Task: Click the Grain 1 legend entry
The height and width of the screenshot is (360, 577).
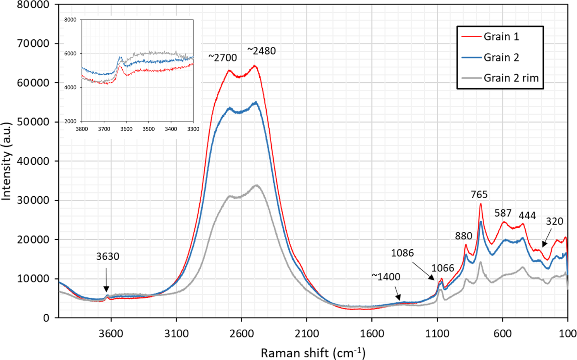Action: pyautogui.click(x=501, y=37)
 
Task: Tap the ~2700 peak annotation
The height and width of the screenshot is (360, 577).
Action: pyautogui.click(x=222, y=58)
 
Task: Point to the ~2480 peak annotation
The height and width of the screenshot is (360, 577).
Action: pyautogui.click(x=262, y=51)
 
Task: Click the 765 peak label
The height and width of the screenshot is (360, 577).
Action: pyautogui.click(x=479, y=194)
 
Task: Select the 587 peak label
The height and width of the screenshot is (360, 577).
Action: pyautogui.click(x=503, y=213)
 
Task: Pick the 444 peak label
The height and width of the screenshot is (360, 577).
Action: pyautogui.click(x=527, y=215)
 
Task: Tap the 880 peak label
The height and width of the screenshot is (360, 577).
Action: pyautogui.click(x=463, y=236)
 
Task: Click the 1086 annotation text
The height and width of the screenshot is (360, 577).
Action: pyautogui.click(x=402, y=253)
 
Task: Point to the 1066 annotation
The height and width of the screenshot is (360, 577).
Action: pyautogui.click(x=443, y=268)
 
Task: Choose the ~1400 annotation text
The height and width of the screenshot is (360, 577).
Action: pyautogui.click(x=386, y=277)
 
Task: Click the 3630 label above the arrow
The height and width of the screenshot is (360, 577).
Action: pyautogui.click(x=107, y=256)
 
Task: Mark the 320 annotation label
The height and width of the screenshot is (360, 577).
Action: pyautogui.click(x=554, y=221)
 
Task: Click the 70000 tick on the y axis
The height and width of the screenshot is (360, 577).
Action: pyautogui.click(x=33, y=44)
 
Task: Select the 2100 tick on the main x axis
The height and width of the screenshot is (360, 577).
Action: pyautogui.click(x=307, y=333)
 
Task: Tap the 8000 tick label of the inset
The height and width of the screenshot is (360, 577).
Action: pyautogui.click(x=70, y=20)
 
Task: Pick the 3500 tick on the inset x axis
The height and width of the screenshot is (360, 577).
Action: pyautogui.click(x=149, y=129)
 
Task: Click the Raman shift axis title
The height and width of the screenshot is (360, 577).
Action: pyautogui.click(x=313, y=353)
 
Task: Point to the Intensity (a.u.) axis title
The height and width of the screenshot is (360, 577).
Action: pyautogui.click(x=6, y=161)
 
